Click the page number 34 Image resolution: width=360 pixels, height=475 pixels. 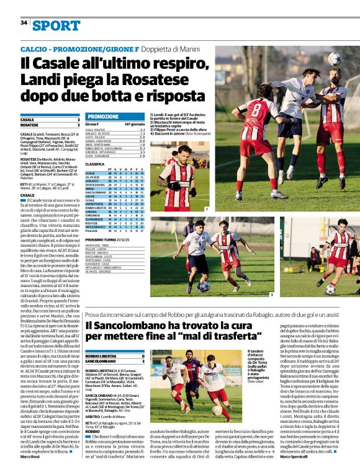click(24, 22)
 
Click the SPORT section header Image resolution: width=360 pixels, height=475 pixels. click(56, 25)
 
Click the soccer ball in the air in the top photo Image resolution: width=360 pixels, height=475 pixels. click(335, 58)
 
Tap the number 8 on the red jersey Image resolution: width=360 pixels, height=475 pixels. click(256, 113)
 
